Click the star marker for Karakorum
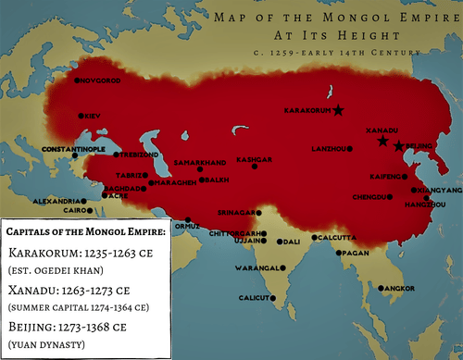point(338,111)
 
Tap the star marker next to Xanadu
point(383,141)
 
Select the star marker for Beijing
point(399,146)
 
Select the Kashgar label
point(254,159)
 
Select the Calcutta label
point(313,236)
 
